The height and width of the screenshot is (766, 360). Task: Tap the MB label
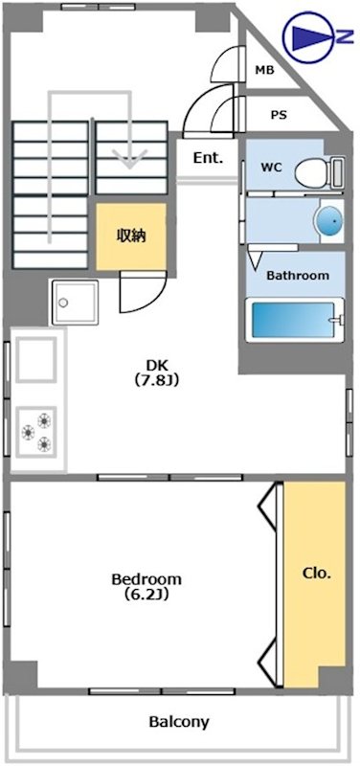[x=265, y=70]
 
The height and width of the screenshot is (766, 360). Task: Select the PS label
[x=279, y=115]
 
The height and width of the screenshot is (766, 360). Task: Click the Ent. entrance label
[x=208, y=158]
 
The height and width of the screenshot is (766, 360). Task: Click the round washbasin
[x=330, y=221]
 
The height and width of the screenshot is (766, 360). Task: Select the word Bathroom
[x=298, y=275]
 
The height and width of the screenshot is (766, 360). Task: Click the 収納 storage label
[x=131, y=236]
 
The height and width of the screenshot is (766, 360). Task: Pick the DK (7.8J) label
[x=157, y=372]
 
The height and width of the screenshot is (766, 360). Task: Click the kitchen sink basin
[x=36, y=360]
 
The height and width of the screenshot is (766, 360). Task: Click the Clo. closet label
[x=317, y=574]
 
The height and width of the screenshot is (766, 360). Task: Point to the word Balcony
[x=179, y=722]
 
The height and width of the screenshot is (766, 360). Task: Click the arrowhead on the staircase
[x=129, y=158]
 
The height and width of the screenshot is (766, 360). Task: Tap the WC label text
[x=272, y=168]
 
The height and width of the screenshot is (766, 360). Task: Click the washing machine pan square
[x=76, y=303]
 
